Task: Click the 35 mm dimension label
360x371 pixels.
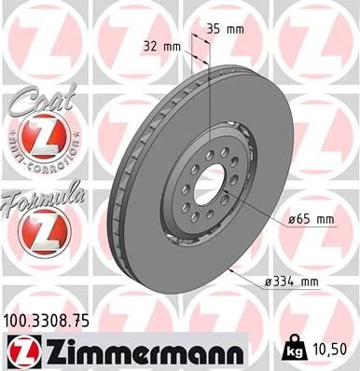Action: (x=228, y=28)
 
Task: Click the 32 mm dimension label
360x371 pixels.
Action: (x=161, y=44)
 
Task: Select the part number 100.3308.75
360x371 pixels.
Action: (x=54, y=319)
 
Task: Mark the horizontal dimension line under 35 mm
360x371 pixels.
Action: (x=203, y=43)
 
